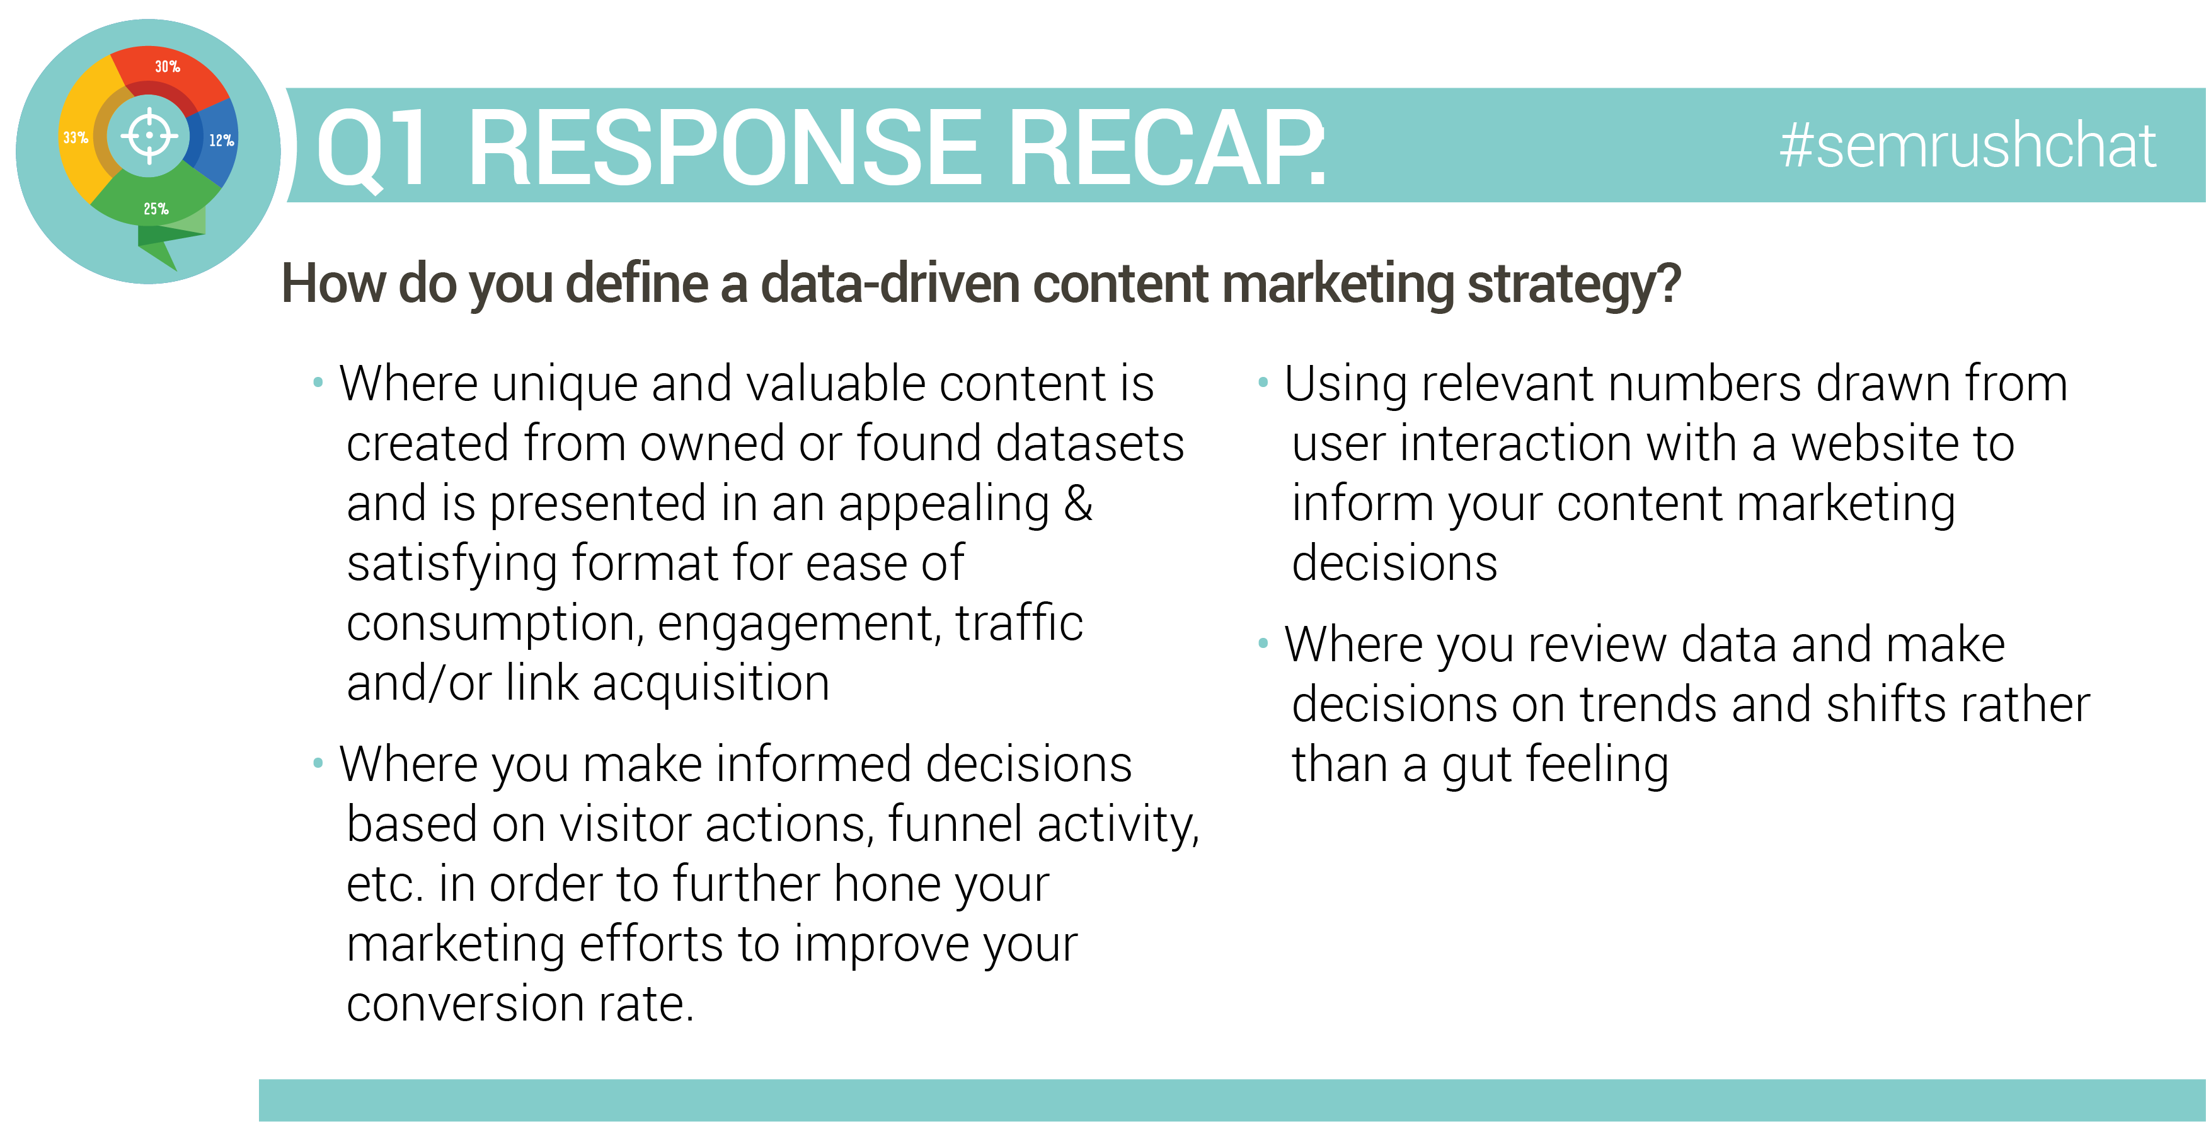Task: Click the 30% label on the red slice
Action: [x=167, y=67]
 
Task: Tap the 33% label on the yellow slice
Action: [x=76, y=137]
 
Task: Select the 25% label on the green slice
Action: [x=156, y=209]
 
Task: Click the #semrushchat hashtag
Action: [x=1967, y=146]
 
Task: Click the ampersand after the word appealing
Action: [x=1078, y=503]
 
